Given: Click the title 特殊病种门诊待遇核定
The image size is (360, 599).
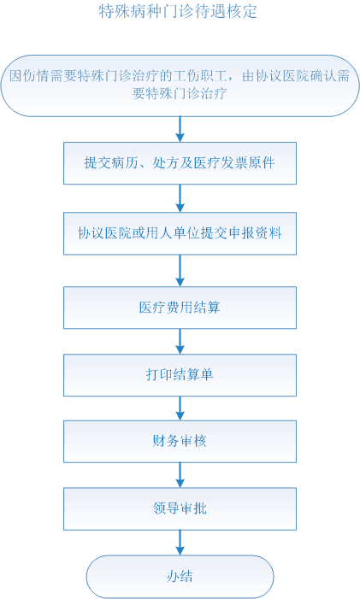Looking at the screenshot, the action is [178, 11].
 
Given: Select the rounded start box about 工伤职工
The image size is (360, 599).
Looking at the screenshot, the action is [180, 85].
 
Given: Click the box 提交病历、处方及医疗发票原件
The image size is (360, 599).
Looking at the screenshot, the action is [180, 163].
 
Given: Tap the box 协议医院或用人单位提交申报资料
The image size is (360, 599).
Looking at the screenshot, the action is [180, 233].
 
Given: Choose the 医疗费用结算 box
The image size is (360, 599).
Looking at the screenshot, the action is [180, 308].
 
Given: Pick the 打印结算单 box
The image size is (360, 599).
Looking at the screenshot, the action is [180, 375].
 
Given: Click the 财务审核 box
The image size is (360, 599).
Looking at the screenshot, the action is [180, 441].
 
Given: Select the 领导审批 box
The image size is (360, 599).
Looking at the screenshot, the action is [180, 508].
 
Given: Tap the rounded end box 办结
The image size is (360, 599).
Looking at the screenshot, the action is [180, 577].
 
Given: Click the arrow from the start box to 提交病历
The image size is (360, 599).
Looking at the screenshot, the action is [180, 129].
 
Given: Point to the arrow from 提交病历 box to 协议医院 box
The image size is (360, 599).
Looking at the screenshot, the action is [180, 198].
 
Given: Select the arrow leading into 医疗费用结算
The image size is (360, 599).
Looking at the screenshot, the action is [180, 271].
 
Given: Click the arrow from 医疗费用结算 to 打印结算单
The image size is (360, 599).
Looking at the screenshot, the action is [180, 341].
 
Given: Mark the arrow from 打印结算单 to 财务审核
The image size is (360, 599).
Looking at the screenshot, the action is [180, 408].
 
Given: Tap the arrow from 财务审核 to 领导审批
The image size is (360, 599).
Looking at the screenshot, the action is [180, 475].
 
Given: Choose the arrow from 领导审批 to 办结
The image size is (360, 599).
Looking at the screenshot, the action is [180, 543].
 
